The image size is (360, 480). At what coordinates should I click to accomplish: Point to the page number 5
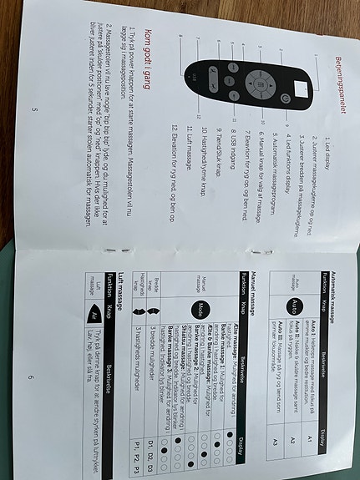pyautogui.click(x=33, y=109)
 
